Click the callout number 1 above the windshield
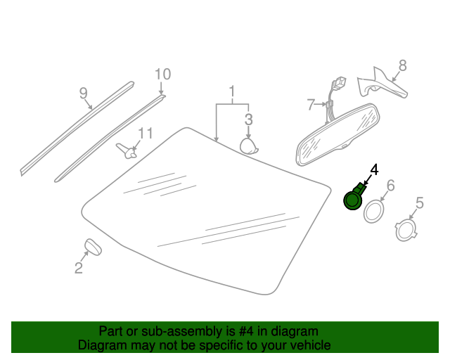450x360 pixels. [232, 91]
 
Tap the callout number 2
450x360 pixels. [79, 268]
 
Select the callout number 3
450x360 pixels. [248, 119]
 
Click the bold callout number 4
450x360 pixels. [374, 169]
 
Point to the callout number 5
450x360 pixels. [420, 203]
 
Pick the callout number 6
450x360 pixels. [391, 186]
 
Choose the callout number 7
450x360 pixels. [311, 105]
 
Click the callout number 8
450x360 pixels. [403, 65]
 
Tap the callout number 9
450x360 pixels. [83, 94]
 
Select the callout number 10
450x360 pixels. [162, 75]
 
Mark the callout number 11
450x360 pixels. [146, 134]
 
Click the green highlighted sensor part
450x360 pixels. [354, 197]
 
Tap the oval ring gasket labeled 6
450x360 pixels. [365, 213]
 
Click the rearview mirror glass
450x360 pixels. [338, 134]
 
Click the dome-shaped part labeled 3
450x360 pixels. [248, 146]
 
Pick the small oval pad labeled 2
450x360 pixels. [93, 247]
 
